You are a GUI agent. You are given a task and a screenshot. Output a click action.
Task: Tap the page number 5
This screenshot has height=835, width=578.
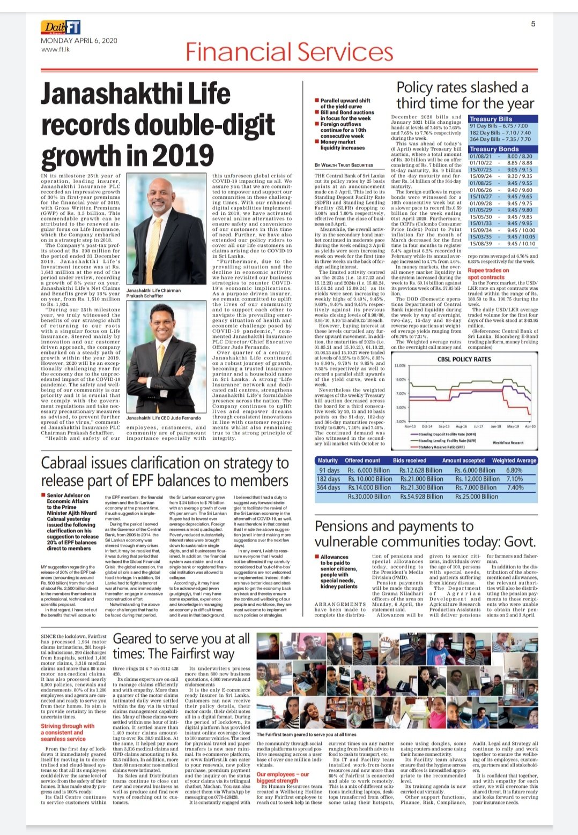pos(533,24)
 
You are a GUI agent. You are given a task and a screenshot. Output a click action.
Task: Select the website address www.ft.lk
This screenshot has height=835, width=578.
pos(56,49)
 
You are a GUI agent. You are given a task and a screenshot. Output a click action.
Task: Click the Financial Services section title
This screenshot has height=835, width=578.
pos(290,52)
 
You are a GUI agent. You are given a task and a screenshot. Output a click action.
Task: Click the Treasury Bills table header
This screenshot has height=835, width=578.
pos(491,119)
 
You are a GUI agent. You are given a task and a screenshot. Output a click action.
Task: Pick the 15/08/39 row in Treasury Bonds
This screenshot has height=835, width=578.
pos(502,244)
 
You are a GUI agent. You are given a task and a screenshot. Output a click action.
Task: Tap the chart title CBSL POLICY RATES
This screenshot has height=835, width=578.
pos(464,359)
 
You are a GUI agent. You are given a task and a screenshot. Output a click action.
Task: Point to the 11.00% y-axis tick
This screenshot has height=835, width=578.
pos(401,365)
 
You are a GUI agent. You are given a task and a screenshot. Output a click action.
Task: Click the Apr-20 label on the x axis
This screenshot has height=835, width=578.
pos(530,426)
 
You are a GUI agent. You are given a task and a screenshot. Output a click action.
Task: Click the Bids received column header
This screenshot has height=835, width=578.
pos(409,460)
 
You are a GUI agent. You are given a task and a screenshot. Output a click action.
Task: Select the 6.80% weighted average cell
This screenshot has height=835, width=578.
pos(514,470)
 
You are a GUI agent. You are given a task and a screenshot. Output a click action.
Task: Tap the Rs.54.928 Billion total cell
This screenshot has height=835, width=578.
pos(421,496)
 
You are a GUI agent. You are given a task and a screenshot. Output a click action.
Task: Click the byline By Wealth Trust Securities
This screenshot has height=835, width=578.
pos(344,165)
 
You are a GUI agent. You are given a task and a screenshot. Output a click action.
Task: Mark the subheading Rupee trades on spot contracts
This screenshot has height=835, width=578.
pos(488,274)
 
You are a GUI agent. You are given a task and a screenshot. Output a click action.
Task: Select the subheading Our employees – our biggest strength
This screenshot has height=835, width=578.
pos(283,777)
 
